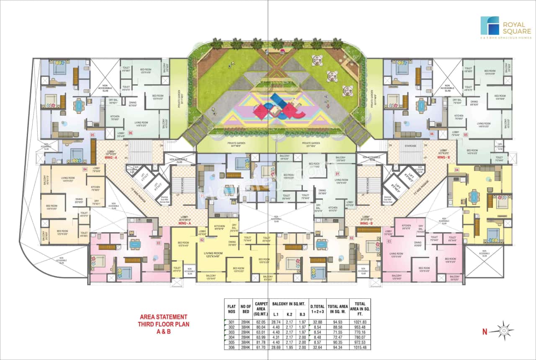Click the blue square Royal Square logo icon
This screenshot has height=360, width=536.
(x=490, y=26)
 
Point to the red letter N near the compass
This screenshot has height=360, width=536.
(x=484, y=332)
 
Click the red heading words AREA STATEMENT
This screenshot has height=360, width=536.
(x=163, y=317)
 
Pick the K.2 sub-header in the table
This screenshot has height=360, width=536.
(x=289, y=314)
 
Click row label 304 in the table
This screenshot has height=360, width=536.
(x=232, y=337)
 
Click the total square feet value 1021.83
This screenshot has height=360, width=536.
(x=360, y=322)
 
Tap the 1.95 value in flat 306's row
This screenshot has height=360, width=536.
(x=289, y=347)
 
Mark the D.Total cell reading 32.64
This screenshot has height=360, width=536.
(x=317, y=347)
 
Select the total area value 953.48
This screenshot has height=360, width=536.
(x=360, y=327)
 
